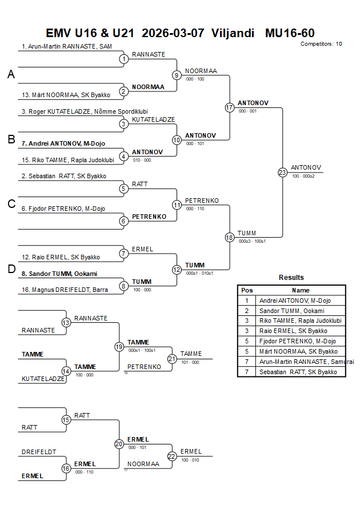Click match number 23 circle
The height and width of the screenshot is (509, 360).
click(x=282, y=172)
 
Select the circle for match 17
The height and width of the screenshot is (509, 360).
click(x=230, y=107)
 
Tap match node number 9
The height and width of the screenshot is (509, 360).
click(x=177, y=75)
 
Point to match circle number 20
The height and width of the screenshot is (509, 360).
click(x=119, y=444)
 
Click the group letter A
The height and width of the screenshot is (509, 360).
click(x=11, y=74)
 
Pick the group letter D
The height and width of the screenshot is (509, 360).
click(x=11, y=270)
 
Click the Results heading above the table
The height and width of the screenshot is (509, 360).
click(x=291, y=278)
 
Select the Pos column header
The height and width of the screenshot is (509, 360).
click(x=247, y=290)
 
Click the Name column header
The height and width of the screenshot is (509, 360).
click(x=301, y=290)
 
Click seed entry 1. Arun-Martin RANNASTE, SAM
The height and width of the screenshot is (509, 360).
click(x=67, y=46)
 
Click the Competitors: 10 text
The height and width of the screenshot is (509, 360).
click(x=321, y=43)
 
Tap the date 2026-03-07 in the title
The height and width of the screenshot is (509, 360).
click(x=173, y=33)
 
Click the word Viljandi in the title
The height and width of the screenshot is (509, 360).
click(x=233, y=33)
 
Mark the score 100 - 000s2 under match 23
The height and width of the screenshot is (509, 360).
click(x=303, y=176)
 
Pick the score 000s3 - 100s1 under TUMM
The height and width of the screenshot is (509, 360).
click(x=252, y=241)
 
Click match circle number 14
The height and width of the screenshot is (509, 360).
click(x=66, y=371)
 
